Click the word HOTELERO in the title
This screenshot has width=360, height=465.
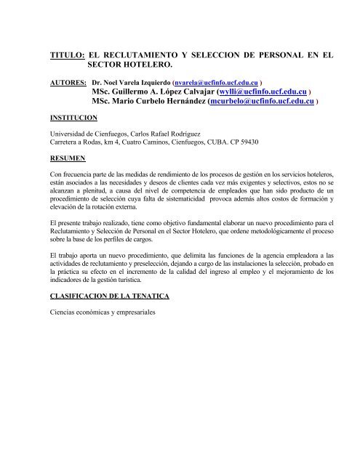coord(148,65)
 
